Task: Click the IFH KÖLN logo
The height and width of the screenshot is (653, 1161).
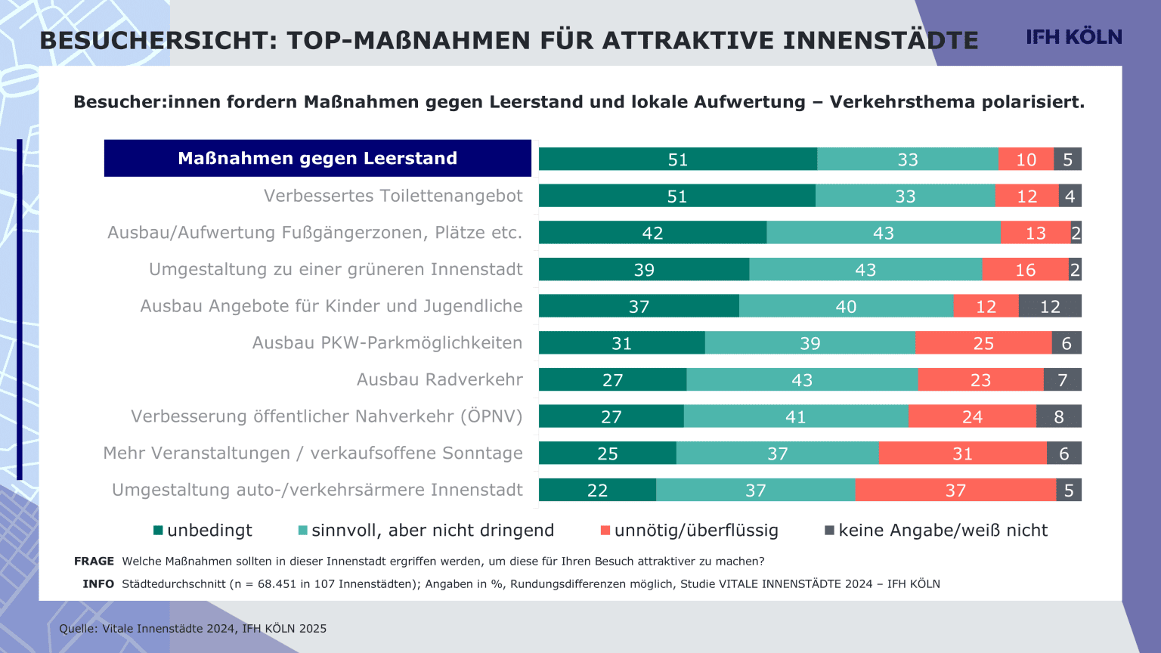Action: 1073,37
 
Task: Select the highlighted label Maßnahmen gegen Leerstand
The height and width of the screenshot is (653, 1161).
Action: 317,158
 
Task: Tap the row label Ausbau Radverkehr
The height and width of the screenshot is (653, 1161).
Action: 439,379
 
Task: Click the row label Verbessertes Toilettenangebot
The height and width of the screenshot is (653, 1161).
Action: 393,196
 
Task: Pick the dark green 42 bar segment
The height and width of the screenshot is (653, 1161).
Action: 652,233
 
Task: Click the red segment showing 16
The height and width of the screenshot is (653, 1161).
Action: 1025,270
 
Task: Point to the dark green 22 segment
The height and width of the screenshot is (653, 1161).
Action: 597,491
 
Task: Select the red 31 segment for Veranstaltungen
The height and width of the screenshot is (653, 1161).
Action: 962,453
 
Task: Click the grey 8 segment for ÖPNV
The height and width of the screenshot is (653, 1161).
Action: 1058,416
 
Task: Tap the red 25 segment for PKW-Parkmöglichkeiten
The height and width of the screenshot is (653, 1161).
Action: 983,343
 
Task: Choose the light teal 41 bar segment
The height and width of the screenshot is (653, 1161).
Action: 795,416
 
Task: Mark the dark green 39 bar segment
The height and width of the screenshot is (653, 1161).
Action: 644,270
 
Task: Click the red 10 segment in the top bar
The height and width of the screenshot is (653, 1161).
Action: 1026,159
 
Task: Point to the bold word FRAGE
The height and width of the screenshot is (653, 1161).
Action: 94,562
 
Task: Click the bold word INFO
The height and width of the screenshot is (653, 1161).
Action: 98,584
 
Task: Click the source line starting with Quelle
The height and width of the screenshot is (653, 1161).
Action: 193,629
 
